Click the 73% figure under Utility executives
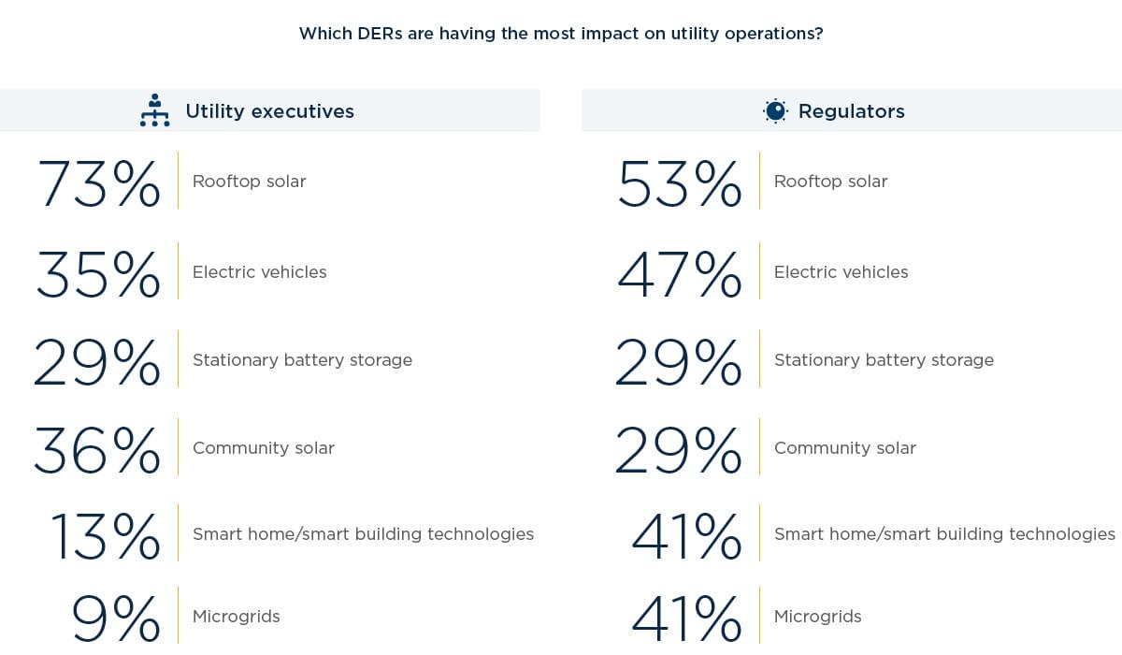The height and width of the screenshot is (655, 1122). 99,183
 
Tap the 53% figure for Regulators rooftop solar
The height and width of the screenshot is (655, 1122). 680,183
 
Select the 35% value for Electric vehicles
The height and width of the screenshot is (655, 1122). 98,273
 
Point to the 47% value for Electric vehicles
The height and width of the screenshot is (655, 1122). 680,273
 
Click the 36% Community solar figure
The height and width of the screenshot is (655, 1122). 97,450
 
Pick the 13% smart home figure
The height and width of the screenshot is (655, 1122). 105,535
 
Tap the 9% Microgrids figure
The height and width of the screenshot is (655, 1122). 116,618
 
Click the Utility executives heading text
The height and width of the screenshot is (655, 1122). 269,111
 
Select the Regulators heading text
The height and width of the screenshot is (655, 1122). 851,111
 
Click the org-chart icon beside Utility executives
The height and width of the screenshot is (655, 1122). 154,110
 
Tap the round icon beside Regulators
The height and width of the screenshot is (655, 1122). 775,111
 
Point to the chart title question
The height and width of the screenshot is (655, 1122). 560,34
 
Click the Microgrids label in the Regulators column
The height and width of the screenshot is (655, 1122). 817,617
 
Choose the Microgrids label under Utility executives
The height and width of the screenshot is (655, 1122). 236,617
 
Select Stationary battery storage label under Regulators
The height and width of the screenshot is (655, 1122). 884,360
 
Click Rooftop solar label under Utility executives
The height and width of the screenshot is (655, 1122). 249,182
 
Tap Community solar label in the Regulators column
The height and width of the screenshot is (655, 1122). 844,448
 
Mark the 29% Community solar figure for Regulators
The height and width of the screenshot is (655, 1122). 678,450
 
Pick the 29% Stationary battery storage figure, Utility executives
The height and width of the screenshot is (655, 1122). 97,362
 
